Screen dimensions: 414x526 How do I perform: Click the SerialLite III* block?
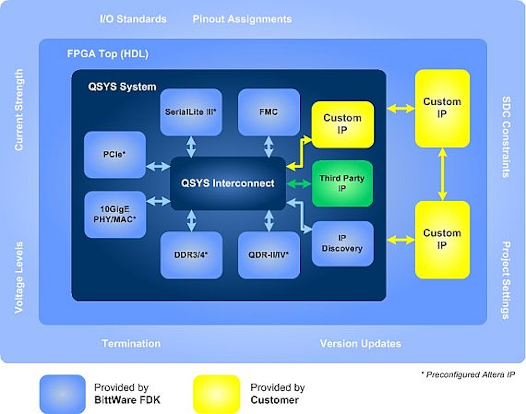(191, 112)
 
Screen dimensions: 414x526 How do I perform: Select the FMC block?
(269, 112)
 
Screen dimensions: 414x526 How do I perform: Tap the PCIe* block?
(115, 155)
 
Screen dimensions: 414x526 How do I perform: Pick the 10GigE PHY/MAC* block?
(115, 215)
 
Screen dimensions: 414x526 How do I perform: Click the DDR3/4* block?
(191, 255)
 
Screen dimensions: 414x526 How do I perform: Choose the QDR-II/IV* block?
(269, 255)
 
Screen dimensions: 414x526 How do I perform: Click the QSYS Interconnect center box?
(228, 183)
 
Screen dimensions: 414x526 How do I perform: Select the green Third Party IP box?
(342, 183)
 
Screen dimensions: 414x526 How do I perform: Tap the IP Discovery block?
(342, 244)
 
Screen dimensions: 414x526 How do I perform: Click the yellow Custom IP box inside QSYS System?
(342, 124)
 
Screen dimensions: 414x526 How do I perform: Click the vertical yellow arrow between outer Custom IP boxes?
(442, 174)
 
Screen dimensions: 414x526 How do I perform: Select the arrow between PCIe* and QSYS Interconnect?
(158, 166)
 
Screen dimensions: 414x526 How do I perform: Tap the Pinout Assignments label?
(242, 19)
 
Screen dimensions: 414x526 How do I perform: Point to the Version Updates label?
(360, 343)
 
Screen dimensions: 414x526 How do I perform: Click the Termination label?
(131, 343)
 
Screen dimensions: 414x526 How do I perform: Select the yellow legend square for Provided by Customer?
(217, 394)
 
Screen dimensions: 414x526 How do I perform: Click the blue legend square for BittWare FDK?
(62, 394)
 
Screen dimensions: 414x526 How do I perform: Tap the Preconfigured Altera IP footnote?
(467, 375)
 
